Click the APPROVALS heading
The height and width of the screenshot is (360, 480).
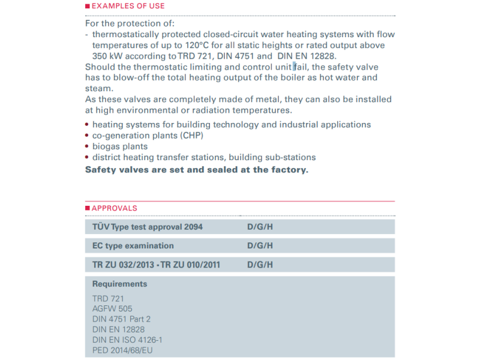(114, 208)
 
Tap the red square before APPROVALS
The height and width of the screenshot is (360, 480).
(88, 208)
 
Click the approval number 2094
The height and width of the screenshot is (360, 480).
(193, 227)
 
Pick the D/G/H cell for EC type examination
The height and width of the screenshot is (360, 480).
(260, 245)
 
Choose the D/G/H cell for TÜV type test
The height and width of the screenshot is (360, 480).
(260, 227)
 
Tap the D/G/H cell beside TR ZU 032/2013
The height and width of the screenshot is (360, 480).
(260, 265)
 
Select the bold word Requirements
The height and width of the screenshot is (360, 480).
(119, 284)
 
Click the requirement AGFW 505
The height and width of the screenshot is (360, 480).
(112, 308)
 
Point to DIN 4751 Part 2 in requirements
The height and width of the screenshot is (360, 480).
(122, 319)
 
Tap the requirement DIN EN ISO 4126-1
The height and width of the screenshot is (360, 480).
(127, 340)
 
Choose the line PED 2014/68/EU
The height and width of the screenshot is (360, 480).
(123, 350)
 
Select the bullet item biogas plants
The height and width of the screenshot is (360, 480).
(119, 146)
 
